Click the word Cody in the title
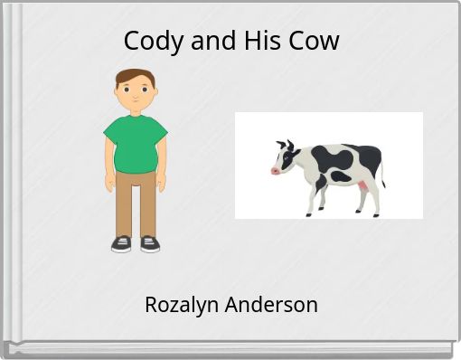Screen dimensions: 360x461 [x=147, y=41]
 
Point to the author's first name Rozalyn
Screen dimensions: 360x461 [x=180, y=305]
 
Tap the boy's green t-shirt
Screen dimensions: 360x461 [x=136, y=141]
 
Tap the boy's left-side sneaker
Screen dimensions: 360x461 [x=121, y=243]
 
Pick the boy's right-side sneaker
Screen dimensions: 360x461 [x=149, y=243]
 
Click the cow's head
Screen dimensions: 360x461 [x=286, y=158]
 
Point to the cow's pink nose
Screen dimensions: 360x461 [x=274, y=169]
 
